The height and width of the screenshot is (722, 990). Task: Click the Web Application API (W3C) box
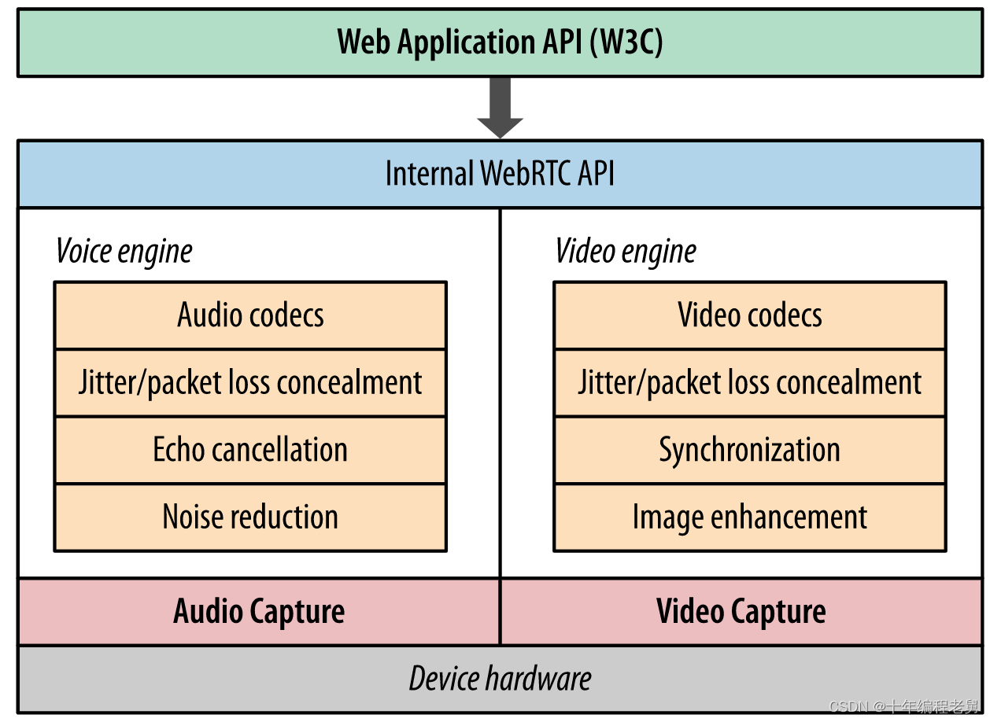click(x=500, y=42)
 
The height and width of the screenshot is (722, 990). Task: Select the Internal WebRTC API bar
click(x=500, y=174)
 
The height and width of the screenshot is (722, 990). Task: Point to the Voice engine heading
click(x=124, y=252)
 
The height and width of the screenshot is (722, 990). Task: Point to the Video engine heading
click(x=626, y=252)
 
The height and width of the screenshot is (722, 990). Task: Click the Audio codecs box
click(x=250, y=315)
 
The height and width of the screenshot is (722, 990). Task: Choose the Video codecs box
click(x=750, y=315)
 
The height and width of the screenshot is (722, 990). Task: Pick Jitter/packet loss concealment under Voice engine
click(x=250, y=383)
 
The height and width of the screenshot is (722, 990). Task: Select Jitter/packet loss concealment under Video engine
click(x=750, y=383)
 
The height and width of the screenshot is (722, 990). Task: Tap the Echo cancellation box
click(x=250, y=450)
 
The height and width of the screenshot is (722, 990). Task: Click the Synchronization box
click(x=750, y=450)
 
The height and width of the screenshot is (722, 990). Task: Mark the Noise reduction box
click(x=250, y=518)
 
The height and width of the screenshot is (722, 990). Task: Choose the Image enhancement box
click(x=750, y=518)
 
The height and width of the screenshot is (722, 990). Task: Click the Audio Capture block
click(x=259, y=612)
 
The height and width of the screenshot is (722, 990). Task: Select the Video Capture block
click(x=741, y=612)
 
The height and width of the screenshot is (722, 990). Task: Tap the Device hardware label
click(x=500, y=679)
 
